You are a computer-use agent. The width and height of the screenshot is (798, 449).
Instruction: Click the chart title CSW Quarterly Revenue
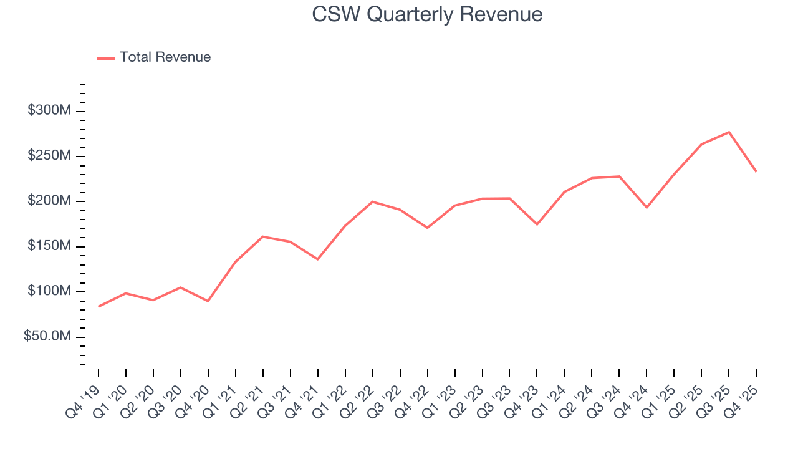pyautogui.click(x=427, y=14)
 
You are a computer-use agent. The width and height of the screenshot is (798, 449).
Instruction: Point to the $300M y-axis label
pyautogui.click(x=49, y=111)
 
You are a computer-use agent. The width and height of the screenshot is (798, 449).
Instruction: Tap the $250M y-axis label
pyautogui.click(x=49, y=156)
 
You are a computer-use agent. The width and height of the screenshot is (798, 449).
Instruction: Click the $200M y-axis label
pyautogui.click(x=49, y=201)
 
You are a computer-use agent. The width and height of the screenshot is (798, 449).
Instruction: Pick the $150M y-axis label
pyautogui.click(x=49, y=246)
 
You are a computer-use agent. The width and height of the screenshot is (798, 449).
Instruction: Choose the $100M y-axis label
pyautogui.click(x=49, y=292)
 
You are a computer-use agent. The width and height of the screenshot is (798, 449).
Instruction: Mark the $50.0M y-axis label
pyautogui.click(x=47, y=337)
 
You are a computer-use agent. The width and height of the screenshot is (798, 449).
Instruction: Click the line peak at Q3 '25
pyautogui.click(x=729, y=132)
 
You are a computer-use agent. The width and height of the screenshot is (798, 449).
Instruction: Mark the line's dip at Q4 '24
pyautogui.click(x=647, y=207)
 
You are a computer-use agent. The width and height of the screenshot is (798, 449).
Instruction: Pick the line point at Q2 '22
pyautogui.click(x=372, y=201)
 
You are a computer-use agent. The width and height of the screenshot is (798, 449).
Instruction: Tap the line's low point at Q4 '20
pyautogui.click(x=208, y=301)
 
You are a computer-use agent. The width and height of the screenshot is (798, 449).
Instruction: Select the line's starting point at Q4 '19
pyautogui.click(x=99, y=306)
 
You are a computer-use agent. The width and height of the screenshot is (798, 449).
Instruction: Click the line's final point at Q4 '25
pyautogui.click(x=756, y=171)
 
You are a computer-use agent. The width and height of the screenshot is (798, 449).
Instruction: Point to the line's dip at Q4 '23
pyautogui.click(x=537, y=224)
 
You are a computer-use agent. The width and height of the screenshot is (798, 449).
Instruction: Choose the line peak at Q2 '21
pyautogui.click(x=262, y=236)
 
